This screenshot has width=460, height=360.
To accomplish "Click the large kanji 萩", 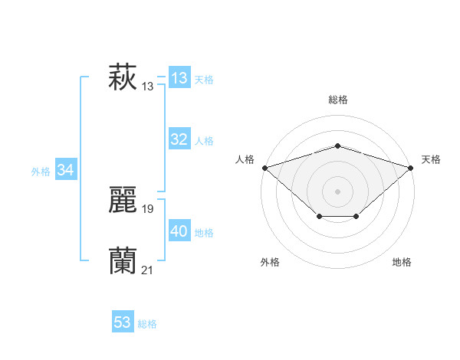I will pos(123,77).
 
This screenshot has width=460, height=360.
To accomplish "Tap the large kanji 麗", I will pos(123,200).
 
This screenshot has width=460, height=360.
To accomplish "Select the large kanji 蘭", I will pos(123,261).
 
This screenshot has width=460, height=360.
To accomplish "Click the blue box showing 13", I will pos(179,78).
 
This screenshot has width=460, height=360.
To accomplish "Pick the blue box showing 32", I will pos(179,139).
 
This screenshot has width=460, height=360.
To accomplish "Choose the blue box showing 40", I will pos(179,231).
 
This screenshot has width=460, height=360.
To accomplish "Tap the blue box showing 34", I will pos(65,170).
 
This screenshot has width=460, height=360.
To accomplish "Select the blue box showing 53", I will pos(123,322).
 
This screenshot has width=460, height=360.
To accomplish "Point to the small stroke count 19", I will pos(148,208).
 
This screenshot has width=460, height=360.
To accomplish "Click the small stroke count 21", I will pos(148,270).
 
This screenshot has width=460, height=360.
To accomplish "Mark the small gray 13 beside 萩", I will pos(148,87).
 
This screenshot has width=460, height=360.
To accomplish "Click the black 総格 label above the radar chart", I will pos(338,100).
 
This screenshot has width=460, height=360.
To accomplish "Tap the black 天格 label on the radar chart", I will pos(431,159).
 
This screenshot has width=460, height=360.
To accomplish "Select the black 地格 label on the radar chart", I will pos(402,262).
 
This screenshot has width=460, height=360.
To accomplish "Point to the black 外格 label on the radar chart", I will pos(270,262).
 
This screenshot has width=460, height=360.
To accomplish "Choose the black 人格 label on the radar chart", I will pos(245,159).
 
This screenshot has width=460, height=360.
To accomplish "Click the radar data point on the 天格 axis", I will pos(411,167).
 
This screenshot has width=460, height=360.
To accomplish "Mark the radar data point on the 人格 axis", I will pos(264,167).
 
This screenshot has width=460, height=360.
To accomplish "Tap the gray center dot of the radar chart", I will pos(337,191).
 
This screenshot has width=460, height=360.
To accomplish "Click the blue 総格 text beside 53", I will pos(147,324).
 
